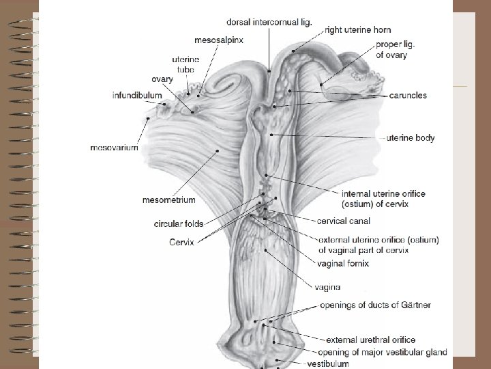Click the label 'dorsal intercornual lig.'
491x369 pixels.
[271, 22]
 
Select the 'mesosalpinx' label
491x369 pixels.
[219, 40]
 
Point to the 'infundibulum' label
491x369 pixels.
[137, 95]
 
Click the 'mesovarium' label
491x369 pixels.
[114, 147]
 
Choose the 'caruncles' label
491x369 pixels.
[408, 96]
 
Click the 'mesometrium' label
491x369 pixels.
[168, 200]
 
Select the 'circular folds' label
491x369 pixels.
[178, 223]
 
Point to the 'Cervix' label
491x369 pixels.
[181, 242]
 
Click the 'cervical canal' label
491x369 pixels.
[344, 221]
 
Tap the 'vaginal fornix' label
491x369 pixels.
[344, 263]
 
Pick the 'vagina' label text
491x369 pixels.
[328, 287]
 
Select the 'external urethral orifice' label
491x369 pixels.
[370, 340]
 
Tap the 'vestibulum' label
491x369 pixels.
[328, 364]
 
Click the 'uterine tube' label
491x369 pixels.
[185, 64]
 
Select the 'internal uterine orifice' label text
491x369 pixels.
[383, 194]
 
